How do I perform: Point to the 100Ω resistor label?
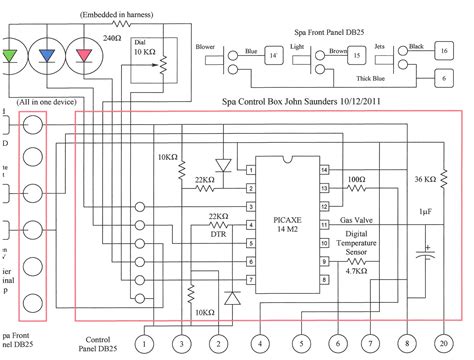point(357,179)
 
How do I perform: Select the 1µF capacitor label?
point(425,213)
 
